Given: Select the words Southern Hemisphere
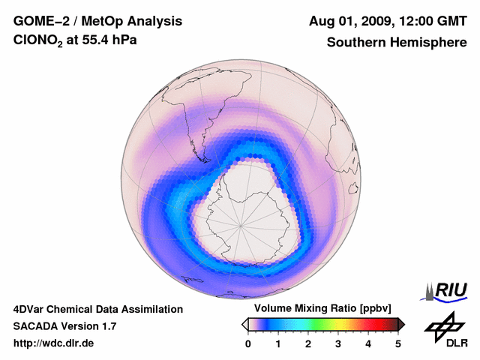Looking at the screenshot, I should [397, 43].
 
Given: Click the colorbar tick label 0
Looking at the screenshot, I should [248, 343].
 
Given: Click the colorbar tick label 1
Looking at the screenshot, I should [278, 343].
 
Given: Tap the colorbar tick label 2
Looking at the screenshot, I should [308, 343].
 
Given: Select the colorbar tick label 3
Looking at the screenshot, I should [338, 343].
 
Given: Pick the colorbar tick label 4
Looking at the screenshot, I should [368, 343].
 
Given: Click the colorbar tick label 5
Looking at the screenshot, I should [398, 343].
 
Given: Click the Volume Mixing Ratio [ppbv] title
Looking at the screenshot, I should [323, 309].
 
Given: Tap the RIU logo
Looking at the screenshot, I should [446, 291].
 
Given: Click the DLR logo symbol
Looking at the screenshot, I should [444, 324].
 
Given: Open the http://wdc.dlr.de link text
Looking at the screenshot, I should [54, 343].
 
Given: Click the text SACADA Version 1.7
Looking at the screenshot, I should [64, 326].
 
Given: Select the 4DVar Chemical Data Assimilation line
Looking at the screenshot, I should [97, 309].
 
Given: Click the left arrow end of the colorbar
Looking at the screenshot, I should [244, 324].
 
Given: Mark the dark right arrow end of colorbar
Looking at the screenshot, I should [402, 324].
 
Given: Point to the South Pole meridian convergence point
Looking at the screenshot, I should [241, 223].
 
